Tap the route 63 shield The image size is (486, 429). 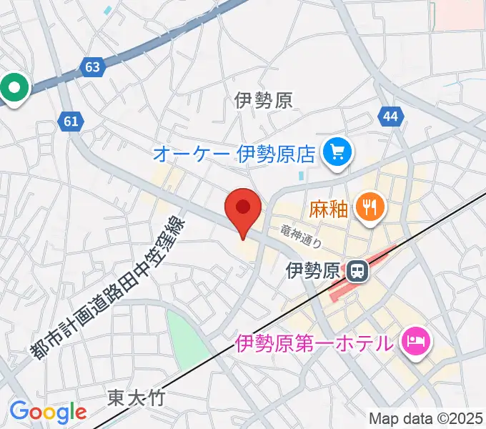point(92,67)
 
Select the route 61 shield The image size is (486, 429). point(69,122)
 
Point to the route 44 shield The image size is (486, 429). point(389,117)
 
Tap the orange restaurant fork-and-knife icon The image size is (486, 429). point(370,207)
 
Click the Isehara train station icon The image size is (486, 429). point(355,270)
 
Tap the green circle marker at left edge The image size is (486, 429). point(15,88)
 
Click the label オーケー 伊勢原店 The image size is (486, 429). point(234,153)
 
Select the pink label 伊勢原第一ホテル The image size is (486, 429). point(314,342)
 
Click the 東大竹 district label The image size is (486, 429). point(136,398)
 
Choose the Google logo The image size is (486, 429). point(48,412)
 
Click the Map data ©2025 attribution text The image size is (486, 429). point(426,418)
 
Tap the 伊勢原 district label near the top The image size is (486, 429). point(264,100)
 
